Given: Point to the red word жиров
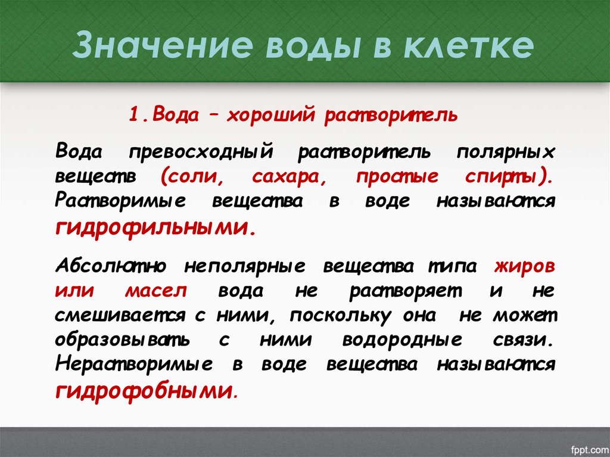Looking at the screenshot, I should click(525, 266).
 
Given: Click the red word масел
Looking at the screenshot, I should click(157, 291).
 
